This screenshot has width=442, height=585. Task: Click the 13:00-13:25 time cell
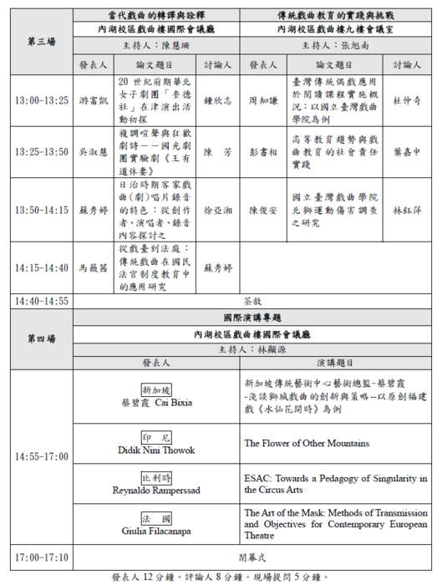[x=41, y=100]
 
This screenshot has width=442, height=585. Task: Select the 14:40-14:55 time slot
[x=41, y=301]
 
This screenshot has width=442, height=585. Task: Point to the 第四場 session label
[x=41, y=338]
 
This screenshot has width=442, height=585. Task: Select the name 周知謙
[x=264, y=100]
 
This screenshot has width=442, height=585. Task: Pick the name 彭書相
[x=264, y=152]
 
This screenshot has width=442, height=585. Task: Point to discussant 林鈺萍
[x=407, y=209]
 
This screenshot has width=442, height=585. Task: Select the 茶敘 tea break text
[x=251, y=301]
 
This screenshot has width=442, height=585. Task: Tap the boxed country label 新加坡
[x=156, y=390]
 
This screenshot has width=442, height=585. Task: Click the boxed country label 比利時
[x=156, y=477]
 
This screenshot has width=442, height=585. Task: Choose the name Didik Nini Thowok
[x=156, y=450]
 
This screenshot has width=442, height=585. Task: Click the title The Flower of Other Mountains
[x=307, y=443]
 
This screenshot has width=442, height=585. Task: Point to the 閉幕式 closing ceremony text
[x=251, y=556]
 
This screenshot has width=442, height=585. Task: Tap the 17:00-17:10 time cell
[x=41, y=556]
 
